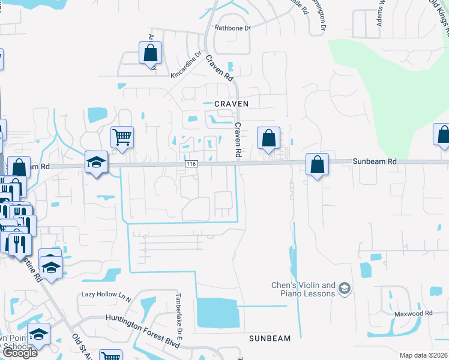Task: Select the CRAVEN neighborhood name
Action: (232, 104)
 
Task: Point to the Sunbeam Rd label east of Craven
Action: (375, 161)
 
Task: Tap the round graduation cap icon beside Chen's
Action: (344, 289)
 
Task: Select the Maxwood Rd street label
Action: (413, 314)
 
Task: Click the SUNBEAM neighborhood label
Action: (270, 338)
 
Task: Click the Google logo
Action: (20, 352)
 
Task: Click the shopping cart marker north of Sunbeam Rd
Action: (122, 137)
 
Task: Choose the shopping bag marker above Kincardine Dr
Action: (150, 53)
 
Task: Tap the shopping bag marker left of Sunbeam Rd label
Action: (316, 164)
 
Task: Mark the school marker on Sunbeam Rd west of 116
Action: (95, 162)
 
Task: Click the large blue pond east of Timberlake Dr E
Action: (217, 313)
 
